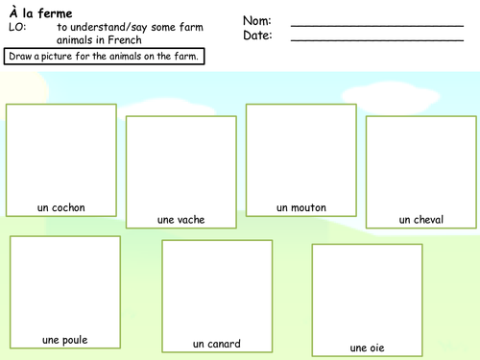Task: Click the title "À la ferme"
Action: [x=40, y=12]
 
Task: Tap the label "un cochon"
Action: [x=61, y=207]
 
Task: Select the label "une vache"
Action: [x=180, y=220]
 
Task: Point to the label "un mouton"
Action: [x=301, y=207]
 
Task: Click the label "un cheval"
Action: [x=421, y=220]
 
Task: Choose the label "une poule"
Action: [x=65, y=340]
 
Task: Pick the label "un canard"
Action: [x=217, y=344]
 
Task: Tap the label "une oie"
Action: [x=368, y=348]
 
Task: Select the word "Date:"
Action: [x=257, y=36]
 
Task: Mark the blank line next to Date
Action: [x=363, y=40]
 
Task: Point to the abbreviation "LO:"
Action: [x=16, y=28]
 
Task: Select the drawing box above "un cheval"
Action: [x=421, y=163]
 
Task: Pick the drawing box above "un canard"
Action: [x=217, y=288]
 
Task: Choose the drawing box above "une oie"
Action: [x=368, y=292]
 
